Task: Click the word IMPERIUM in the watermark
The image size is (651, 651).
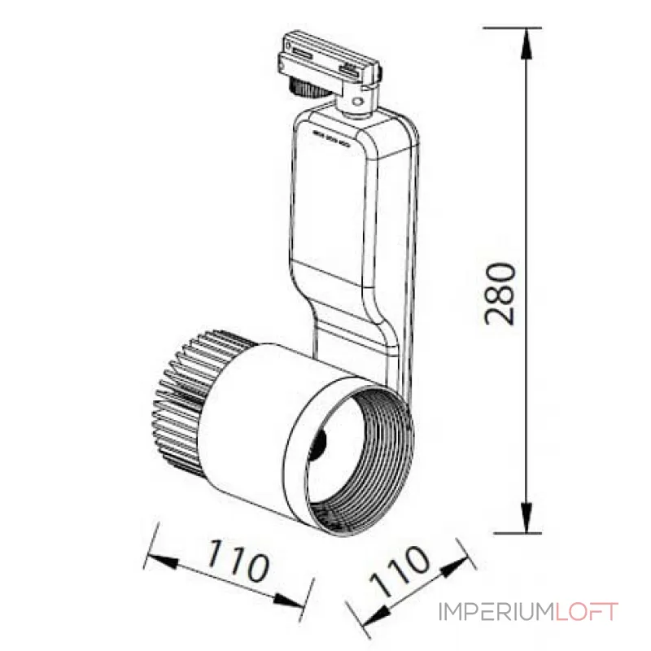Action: click(x=496, y=611)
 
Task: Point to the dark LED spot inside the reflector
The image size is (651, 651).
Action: click(x=321, y=443)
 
